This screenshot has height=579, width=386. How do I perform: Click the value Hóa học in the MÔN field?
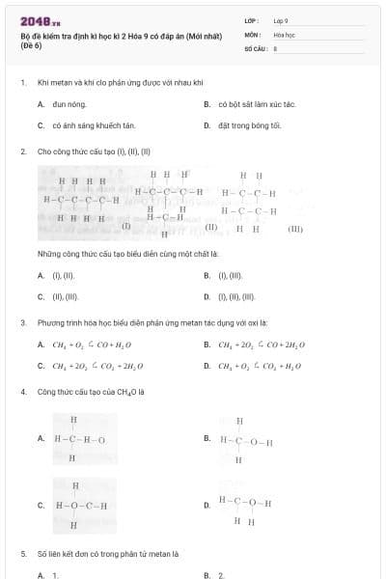click(x=284, y=33)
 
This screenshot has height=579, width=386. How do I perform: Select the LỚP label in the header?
click(x=251, y=19)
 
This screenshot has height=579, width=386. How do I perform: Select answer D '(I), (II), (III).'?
click(x=236, y=297)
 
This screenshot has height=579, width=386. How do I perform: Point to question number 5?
click(x=22, y=555)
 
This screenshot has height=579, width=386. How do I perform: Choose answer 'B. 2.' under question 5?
click(x=214, y=575)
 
